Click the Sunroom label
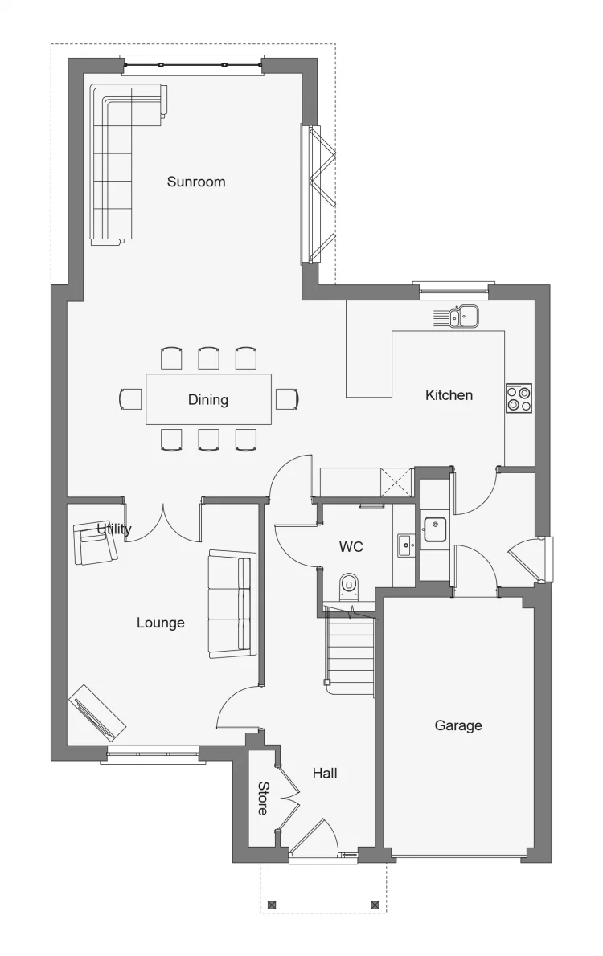pyautogui.click(x=196, y=182)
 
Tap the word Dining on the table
pyautogui.click(x=208, y=400)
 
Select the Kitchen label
pyautogui.click(x=449, y=395)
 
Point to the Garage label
pyautogui.click(x=458, y=725)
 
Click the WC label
pyautogui.click(x=351, y=547)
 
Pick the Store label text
pyautogui.click(x=262, y=799)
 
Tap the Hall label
pyautogui.click(x=325, y=773)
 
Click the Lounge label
pyautogui.click(x=161, y=623)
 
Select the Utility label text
pyautogui.click(x=114, y=529)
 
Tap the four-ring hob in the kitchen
pyautogui.click(x=519, y=398)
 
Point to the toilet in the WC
pyautogui.click(x=348, y=586)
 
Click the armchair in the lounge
pyautogui.click(x=95, y=543)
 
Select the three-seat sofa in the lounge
pyautogui.click(x=232, y=603)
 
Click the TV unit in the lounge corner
pyautogui.click(x=97, y=712)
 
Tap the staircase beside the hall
pyautogui.click(x=349, y=654)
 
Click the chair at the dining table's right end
pyautogui.click(x=287, y=398)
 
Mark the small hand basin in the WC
pyautogui.click(x=406, y=545)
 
